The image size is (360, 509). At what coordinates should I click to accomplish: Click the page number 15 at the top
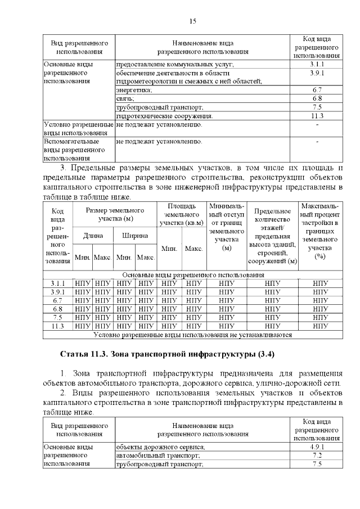point(192,21)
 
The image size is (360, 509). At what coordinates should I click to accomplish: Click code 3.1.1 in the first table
point(317,65)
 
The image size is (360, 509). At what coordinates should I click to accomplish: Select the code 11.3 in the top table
point(317,116)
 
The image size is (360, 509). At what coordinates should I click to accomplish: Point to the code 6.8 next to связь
point(317,98)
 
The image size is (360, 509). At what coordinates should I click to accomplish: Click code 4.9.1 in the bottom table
point(317,447)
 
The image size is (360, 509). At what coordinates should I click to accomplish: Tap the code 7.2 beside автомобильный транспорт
point(317,455)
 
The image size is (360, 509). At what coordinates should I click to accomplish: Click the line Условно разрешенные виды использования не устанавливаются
point(192,335)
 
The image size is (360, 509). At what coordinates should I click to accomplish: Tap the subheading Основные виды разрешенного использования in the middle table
point(192,275)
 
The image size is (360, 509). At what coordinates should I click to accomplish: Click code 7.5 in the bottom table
point(317,464)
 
